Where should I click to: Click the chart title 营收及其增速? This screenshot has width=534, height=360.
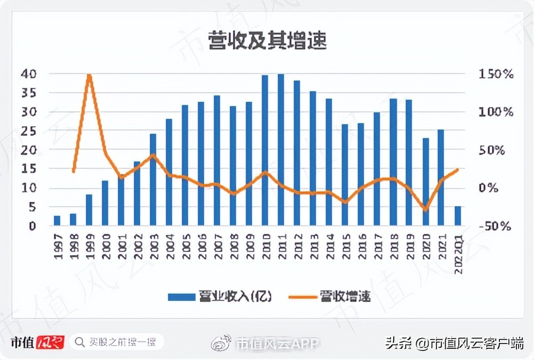[x=267, y=41]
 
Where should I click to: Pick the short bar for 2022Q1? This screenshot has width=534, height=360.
[x=457, y=216]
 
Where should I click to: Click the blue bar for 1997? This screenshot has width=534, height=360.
[x=57, y=221]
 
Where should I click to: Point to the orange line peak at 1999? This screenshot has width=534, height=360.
[x=89, y=76]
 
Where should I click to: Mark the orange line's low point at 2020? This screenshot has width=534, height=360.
[x=425, y=209]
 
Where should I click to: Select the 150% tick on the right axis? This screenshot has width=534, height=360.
[x=495, y=74]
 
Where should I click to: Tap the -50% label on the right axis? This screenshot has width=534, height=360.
[x=495, y=226]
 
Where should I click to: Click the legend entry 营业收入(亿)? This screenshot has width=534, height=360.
[x=220, y=297]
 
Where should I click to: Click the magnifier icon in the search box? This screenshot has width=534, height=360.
[x=80, y=342]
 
